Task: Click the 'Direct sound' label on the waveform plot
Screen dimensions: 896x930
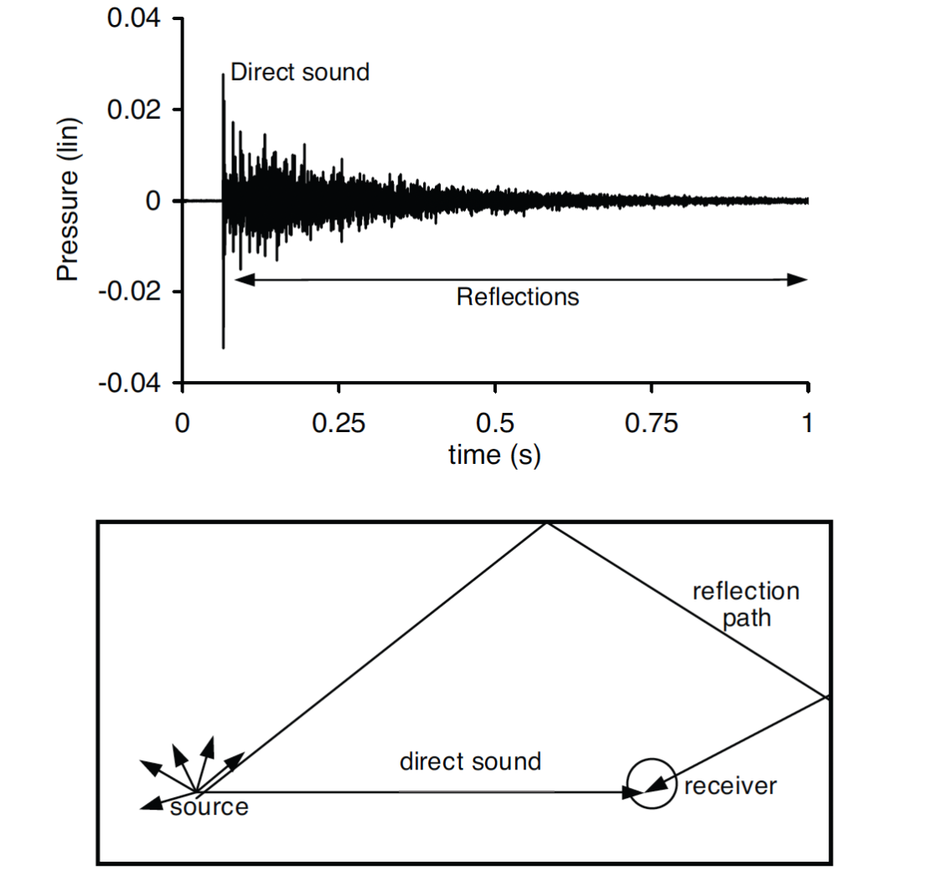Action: click(299, 72)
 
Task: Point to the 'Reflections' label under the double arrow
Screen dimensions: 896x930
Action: click(517, 296)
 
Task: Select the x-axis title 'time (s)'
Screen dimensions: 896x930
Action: click(494, 455)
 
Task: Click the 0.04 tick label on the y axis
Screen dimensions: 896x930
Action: click(134, 18)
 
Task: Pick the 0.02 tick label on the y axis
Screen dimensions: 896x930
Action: click(134, 110)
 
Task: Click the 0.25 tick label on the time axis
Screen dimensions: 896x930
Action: click(338, 424)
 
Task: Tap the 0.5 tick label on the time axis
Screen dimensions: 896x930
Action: click(495, 424)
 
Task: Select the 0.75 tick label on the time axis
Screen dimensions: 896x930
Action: click(651, 424)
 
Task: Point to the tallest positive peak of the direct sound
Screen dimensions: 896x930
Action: click(223, 76)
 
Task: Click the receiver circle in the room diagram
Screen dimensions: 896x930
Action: click(651, 784)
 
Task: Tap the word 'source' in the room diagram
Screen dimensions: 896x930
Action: click(209, 807)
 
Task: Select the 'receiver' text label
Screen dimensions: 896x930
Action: click(731, 786)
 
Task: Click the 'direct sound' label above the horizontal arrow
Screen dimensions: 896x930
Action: click(470, 762)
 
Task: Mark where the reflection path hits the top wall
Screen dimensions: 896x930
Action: click(546, 523)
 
